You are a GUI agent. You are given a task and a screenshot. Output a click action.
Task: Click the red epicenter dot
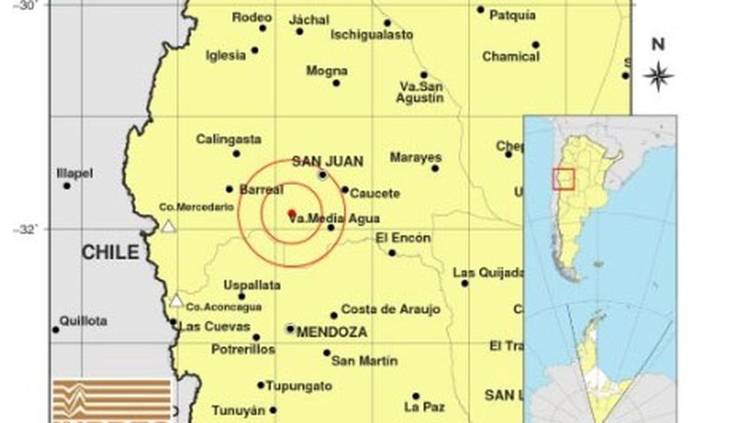[291, 213]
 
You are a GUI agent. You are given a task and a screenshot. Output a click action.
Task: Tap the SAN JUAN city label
[327, 162]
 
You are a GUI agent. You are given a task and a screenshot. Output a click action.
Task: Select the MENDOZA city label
[331, 332]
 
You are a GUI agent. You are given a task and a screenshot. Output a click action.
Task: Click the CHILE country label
[110, 253]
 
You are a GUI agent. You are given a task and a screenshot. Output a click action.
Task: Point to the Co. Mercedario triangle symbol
[168, 226]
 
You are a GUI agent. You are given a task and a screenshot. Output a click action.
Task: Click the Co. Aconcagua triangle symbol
[177, 301]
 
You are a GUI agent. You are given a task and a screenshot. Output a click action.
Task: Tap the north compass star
[658, 76]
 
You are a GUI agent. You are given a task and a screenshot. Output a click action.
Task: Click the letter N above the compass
[658, 45]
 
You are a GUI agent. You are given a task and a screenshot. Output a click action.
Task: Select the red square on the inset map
[564, 179]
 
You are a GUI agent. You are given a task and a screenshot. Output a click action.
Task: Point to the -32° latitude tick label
[25, 229]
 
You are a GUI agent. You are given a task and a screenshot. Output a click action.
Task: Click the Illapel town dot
[67, 185]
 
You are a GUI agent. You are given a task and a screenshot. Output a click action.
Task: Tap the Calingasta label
[228, 140]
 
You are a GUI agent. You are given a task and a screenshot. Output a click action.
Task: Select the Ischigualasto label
[372, 35]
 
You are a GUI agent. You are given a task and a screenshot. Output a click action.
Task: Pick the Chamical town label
[511, 57]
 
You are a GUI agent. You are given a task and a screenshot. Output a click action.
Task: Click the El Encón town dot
[392, 253]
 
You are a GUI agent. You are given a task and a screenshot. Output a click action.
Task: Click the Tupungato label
[299, 387]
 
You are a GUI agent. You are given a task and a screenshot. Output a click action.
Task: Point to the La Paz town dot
[416, 396]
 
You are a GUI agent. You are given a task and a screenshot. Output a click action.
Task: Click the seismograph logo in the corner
[112, 400]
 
